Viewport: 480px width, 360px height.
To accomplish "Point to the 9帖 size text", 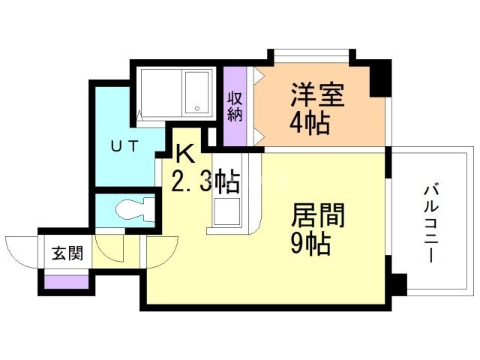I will (x=310, y=243).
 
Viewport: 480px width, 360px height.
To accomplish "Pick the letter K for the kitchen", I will (x=185, y=154).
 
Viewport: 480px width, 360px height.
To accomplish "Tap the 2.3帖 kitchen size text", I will (x=205, y=181).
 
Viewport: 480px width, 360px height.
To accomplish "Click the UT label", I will (x=124, y=146).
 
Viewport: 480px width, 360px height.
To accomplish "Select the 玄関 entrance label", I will (x=67, y=253).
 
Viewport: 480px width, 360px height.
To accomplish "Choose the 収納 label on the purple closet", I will (x=235, y=107).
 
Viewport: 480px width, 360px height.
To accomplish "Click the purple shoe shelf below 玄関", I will (x=67, y=281).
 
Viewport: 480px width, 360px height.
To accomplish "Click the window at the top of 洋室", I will (x=311, y=54).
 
